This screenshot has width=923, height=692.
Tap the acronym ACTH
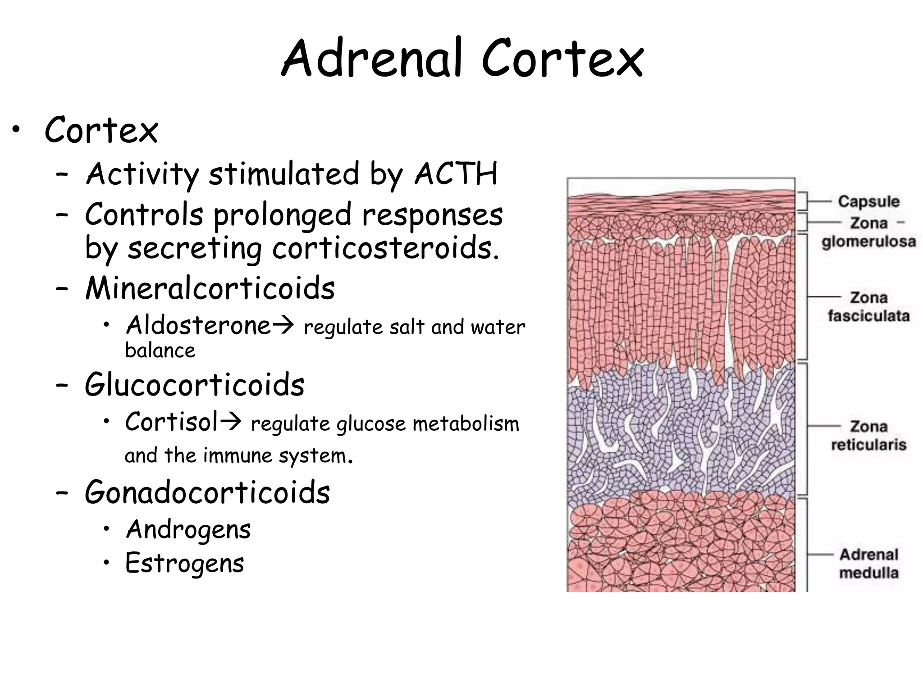(456, 173)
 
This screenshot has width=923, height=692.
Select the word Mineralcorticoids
(210, 288)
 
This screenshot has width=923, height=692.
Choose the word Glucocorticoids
(195, 385)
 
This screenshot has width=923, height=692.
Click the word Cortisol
(172, 422)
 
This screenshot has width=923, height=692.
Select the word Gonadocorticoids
(207, 492)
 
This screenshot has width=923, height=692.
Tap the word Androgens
(188, 529)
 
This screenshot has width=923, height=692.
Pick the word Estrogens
(185, 563)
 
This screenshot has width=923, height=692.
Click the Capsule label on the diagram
(868, 201)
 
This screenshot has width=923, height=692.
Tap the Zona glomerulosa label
(868, 232)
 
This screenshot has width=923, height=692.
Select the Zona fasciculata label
(868, 307)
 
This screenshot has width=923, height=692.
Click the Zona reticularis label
(868, 436)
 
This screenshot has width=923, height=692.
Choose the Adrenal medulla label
(868, 564)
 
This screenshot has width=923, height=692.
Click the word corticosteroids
(385, 248)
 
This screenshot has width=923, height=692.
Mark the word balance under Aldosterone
(160, 351)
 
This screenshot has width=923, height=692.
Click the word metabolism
(466, 424)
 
